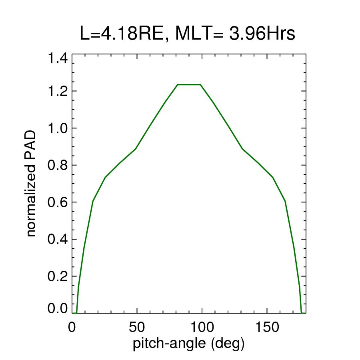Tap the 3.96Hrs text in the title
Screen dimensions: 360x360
(x=262, y=34)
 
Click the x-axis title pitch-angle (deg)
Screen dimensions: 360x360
(x=188, y=343)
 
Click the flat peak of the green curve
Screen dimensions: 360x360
(x=189, y=85)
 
